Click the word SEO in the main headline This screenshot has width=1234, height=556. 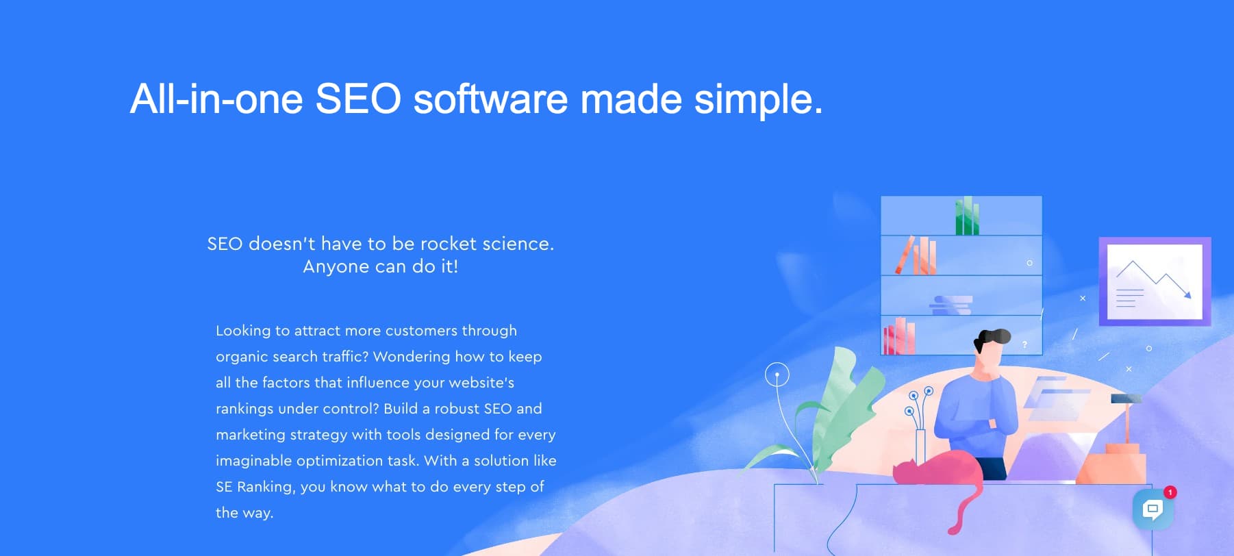coord(358,99)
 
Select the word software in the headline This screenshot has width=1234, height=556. coord(490,99)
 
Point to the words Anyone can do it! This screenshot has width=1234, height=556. coord(381,266)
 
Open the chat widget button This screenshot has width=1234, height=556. coord(1153,509)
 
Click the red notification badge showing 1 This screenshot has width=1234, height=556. coord(1170,492)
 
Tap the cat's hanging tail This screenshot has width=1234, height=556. coord(966,510)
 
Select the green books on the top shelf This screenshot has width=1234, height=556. coord(967,216)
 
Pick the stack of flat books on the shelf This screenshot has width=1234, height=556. coord(951,305)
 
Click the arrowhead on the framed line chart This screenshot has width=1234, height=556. coord(1187,294)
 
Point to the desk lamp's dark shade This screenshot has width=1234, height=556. coord(1126,399)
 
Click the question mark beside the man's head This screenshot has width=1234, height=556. coord(1024,344)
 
